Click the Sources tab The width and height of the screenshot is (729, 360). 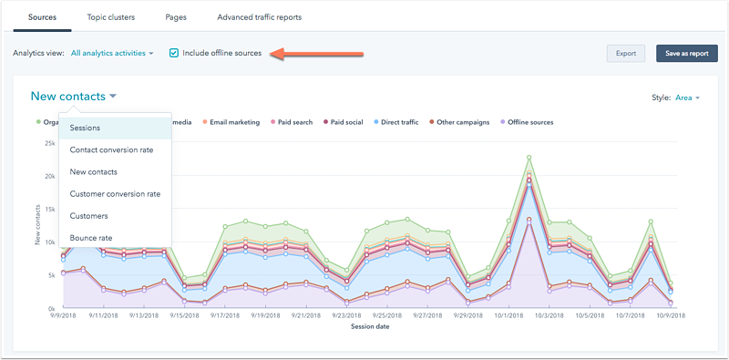point(42,17)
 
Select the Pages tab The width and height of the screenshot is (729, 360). point(178,17)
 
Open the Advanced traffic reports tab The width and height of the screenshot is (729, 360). point(259,17)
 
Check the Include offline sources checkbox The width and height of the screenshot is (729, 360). point(174,53)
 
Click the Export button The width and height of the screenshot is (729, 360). point(625,53)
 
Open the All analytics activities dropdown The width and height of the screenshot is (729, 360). point(112,53)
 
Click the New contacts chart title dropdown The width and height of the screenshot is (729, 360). point(74,96)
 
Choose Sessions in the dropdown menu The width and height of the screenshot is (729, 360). point(86,128)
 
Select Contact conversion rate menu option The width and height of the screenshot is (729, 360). point(111,149)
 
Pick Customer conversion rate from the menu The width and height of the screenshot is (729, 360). point(115,194)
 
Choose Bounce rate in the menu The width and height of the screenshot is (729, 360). point(92,238)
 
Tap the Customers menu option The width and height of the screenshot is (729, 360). point(89,216)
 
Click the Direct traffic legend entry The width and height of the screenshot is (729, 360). point(394,121)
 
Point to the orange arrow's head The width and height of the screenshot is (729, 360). point(279,54)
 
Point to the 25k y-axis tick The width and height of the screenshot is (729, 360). point(49,143)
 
